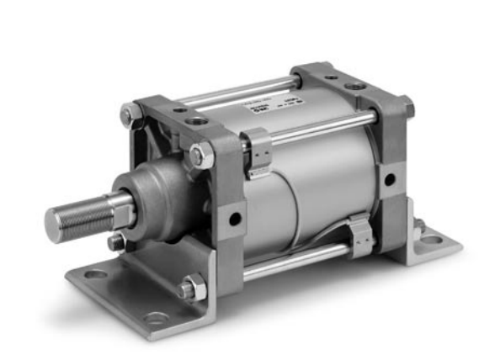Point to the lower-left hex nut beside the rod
point(116,241)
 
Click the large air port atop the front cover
point(197,121)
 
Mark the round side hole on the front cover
point(235,220)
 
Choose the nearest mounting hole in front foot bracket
point(157,318)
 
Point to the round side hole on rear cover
point(389,179)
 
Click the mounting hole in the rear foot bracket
point(432,239)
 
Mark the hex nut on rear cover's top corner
point(407,106)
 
